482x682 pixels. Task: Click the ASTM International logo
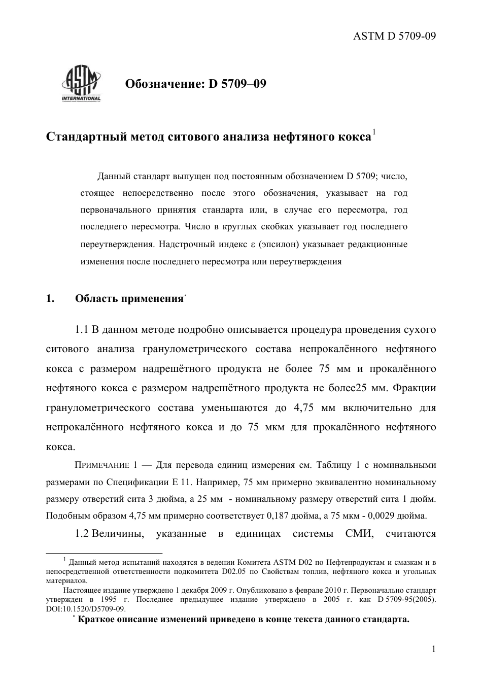pos(81,84)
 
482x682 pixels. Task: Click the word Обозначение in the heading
pos(164,83)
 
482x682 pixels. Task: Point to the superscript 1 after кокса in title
pos(374,132)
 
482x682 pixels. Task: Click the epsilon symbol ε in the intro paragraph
pos(252,245)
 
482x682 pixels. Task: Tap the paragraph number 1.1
pos(82,330)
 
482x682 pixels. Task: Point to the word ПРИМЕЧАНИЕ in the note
pos(102,465)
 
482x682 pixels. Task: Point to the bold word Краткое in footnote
pos(93,620)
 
